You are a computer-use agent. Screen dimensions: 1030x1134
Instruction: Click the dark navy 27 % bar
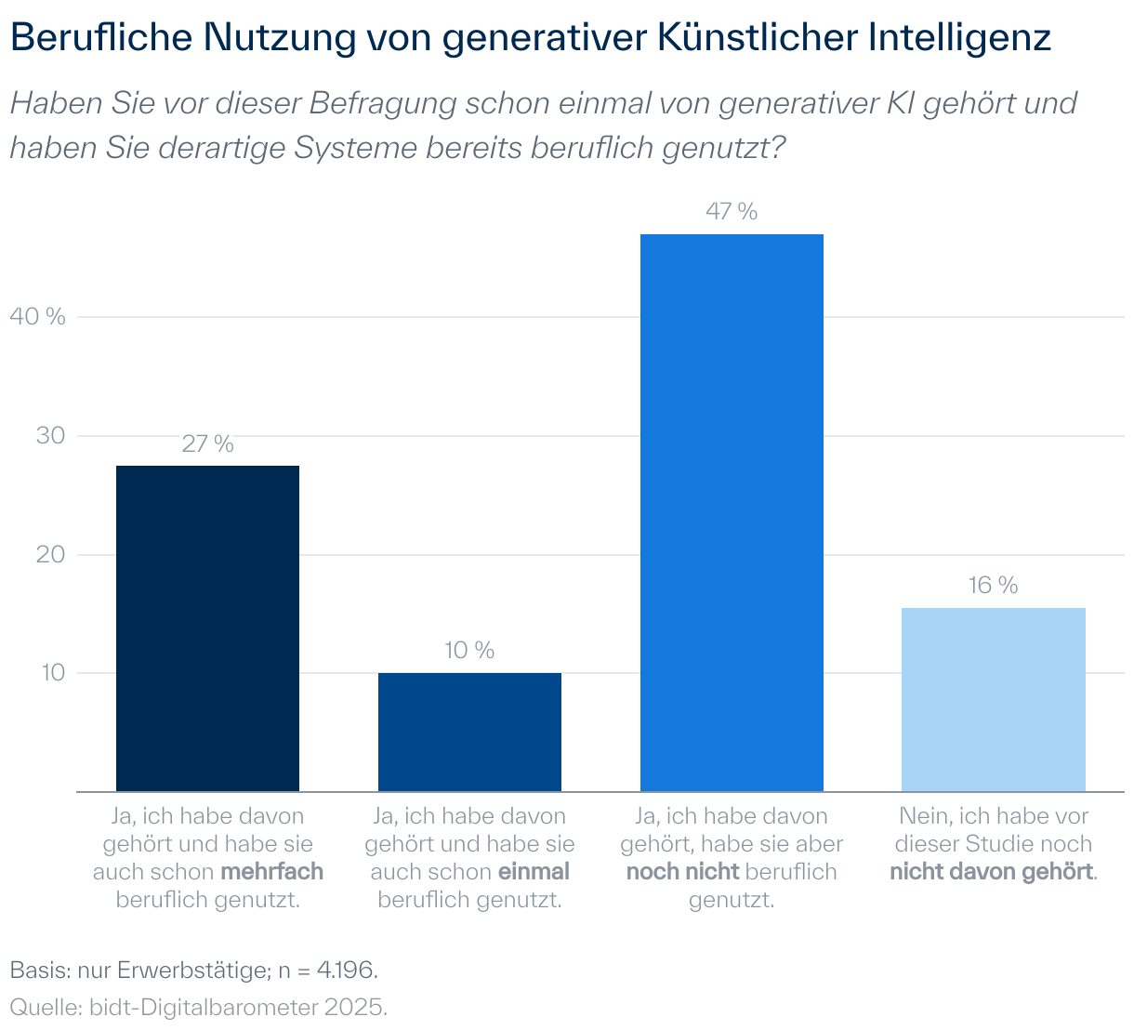207,628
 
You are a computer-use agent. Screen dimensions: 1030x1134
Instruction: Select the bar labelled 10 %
469,732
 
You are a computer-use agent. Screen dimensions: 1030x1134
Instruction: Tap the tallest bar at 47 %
732,512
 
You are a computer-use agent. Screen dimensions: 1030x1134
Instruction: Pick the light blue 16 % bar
994,699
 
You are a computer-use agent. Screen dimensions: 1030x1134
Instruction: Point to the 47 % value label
732,212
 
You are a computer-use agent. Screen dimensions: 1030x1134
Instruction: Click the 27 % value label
207,444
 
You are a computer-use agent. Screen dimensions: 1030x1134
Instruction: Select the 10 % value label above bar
469,651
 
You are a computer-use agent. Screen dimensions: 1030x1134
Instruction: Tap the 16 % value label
994,586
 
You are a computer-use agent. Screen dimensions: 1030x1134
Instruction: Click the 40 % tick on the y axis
37,317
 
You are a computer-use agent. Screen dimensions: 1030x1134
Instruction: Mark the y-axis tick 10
52,673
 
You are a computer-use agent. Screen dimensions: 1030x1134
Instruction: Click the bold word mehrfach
271,872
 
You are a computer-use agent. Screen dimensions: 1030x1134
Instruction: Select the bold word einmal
534,872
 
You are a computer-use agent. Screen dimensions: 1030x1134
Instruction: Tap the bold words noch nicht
682,872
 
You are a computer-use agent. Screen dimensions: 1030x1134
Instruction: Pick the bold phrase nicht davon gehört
991,872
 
